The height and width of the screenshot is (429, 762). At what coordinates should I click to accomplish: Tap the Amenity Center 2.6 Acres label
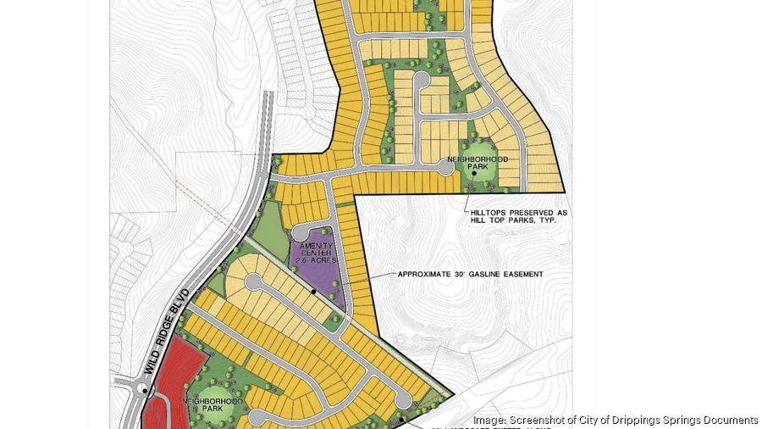pyautogui.click(x=316, y=252)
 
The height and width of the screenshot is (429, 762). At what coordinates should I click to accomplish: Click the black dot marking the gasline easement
pyautogui.click(x=313, y=292)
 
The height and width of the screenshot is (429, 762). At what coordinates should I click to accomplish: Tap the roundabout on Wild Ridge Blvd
pyautogui.click(x=146, y=391)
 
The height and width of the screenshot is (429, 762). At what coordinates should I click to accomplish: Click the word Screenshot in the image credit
pyautogui.click(x=538, y=420)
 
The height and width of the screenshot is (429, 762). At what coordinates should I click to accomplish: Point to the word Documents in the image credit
pyautogui.click(x=729, y=420)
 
